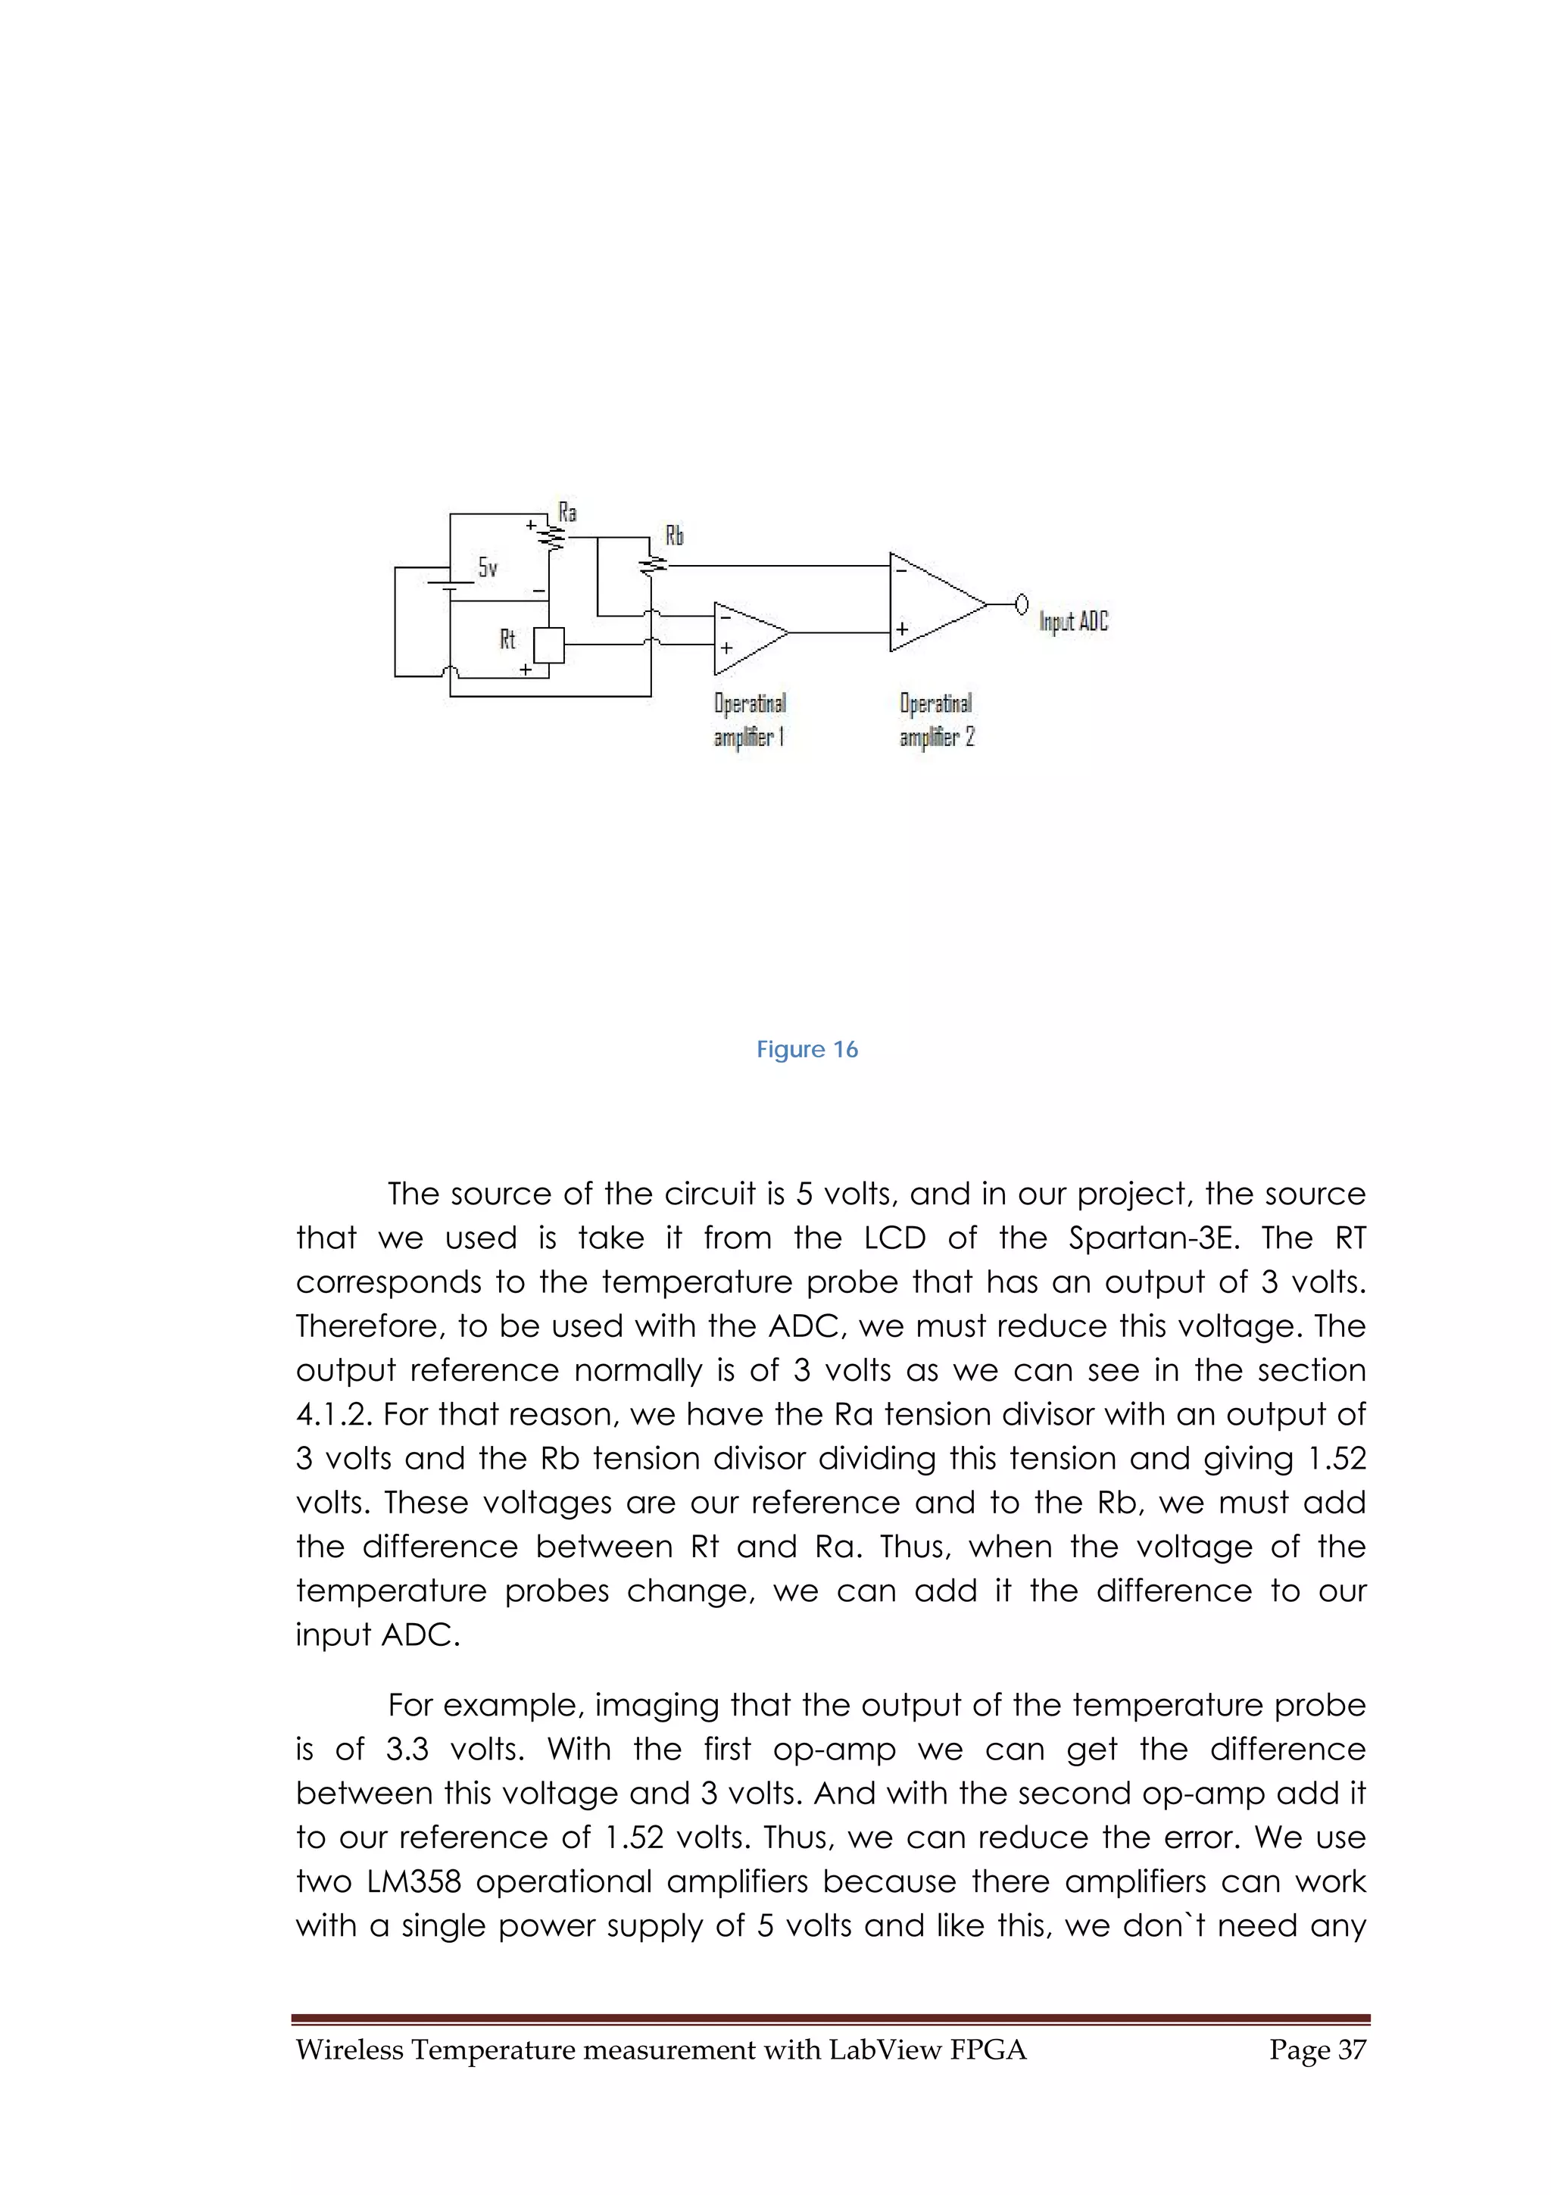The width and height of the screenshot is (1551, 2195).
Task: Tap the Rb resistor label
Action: (675, 535)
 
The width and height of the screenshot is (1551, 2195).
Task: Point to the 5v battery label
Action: (488, 568)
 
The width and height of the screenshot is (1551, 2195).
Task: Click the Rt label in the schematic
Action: (507, 639)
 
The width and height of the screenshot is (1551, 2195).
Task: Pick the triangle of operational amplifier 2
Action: (932, 602)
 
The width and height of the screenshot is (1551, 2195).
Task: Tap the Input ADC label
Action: (1074, 621)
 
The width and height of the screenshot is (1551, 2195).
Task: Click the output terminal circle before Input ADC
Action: (1022, 604)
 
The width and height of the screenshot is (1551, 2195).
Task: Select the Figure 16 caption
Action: (807, 1050)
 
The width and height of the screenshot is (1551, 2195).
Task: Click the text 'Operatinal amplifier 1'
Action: (751, 720)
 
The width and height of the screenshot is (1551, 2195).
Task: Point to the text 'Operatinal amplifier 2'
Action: (937, 720)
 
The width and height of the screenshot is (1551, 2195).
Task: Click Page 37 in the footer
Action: (1317, 2050)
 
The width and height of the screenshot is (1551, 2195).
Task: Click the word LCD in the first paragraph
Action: (895, 1238)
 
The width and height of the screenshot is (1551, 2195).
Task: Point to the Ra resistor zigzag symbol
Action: (552, 537)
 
